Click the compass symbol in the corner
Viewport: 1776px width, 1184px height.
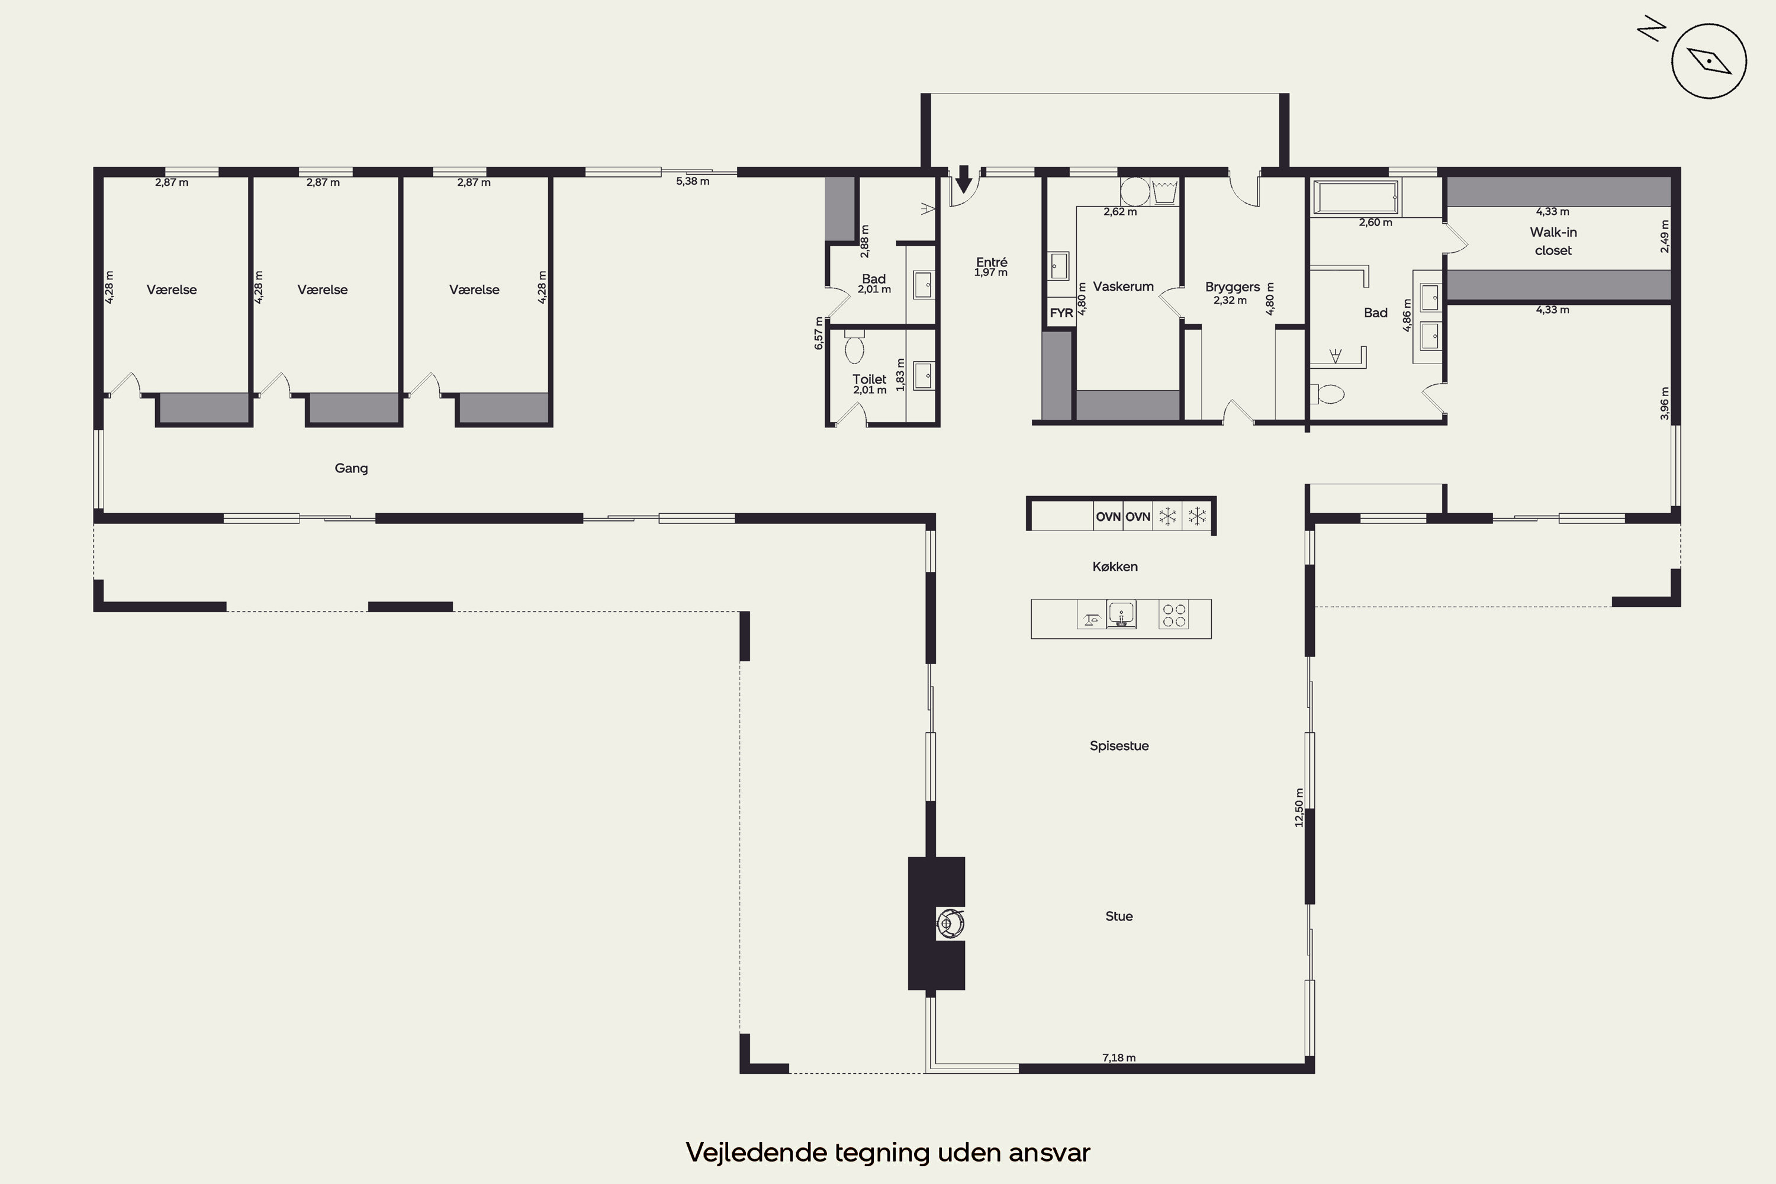[x=1709, y=61]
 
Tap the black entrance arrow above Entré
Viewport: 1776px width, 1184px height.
[x=964, y=180]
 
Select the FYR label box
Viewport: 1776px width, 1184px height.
[x=1061, y=313]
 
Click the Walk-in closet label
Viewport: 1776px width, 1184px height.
[x=1553, y=241]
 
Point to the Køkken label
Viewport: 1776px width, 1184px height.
[x=1115, y=567]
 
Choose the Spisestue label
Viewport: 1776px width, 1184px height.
[x=1119, y=746]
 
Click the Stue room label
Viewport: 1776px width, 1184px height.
[x=1119, y=916]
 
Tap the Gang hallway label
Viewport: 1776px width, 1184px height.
[x=351, y=468]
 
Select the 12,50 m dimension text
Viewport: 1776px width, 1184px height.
[x=1299, y=807]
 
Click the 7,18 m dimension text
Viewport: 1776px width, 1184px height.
[x=1119, y=1058]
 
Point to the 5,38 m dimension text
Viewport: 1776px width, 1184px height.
[x=693, y=181]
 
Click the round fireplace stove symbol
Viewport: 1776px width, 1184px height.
[x=951, y=923]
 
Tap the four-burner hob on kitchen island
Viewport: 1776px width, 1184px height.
[x=1174, y=616]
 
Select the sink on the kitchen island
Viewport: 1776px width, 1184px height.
[x=1121, y=614]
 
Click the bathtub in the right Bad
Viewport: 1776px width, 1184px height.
[x=1356, y=198]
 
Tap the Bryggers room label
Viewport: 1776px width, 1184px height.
[x=1233, y=287]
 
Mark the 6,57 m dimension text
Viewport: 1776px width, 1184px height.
[x=819, y=333]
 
